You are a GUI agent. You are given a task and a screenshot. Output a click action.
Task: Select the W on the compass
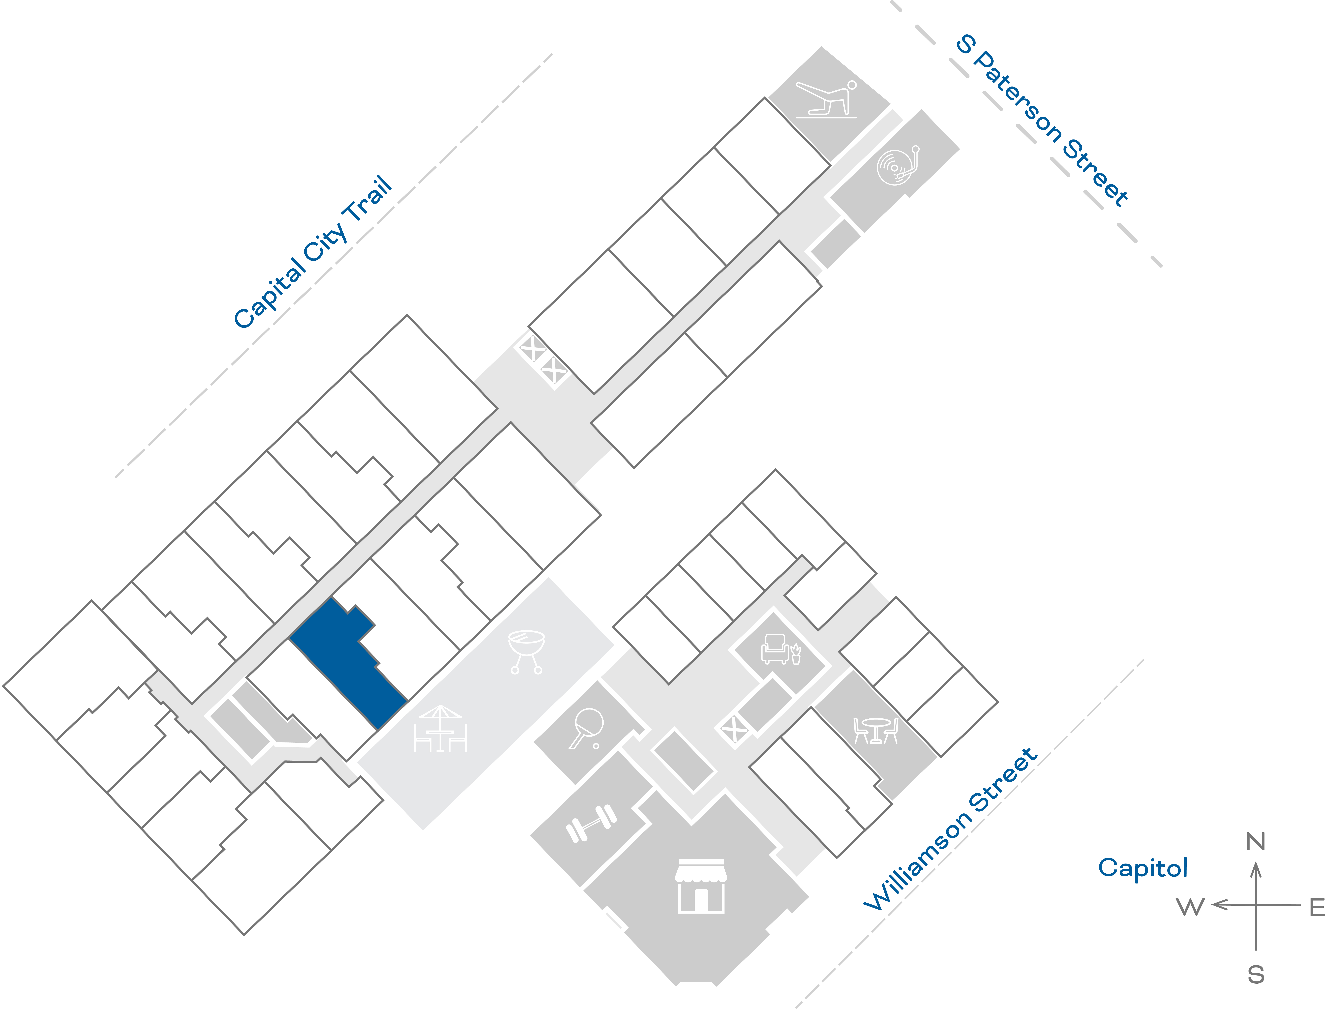pos(1190,907)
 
